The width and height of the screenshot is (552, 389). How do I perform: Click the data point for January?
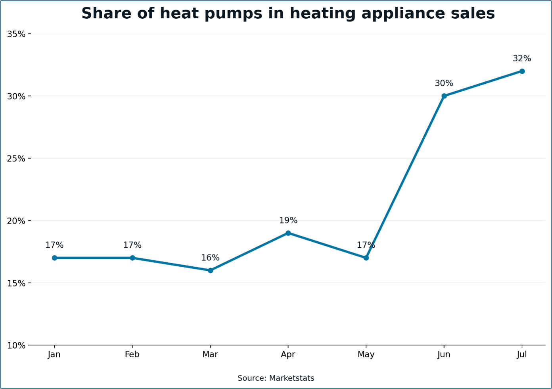(54, 258)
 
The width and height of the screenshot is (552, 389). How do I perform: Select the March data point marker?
(210, 270)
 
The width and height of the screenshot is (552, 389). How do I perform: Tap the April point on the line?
(288, 233)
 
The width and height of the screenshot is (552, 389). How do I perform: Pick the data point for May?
(366, 258)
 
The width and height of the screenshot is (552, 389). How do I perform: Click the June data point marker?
(444, 96)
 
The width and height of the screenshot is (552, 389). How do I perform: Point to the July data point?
(522, 71)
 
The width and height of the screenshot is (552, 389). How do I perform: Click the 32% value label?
(522, 58)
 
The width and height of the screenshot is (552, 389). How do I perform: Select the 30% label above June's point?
(444, 83)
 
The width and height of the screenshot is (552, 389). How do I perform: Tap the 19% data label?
(288, 220)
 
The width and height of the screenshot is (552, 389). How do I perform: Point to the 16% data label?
(210, 258)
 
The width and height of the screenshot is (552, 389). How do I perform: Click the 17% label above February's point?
(132, 245)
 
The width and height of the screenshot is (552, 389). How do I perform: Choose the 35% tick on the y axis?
(16, 34)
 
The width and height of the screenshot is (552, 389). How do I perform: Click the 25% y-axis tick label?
(16, 159)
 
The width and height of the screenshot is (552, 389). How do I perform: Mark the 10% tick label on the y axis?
(16, 346)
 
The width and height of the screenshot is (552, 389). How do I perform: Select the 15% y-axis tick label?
(16, 283)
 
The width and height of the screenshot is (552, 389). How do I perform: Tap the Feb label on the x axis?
(132, 354)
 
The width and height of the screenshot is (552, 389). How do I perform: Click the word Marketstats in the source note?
(291, 378)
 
